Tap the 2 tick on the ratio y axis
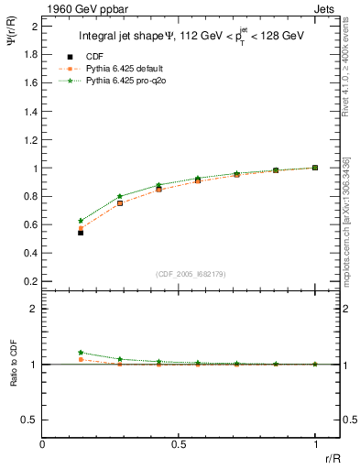pos(36,309)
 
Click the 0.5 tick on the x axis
pos(180,446)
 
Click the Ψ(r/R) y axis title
pos(12,37)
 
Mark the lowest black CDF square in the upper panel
pos(81,233)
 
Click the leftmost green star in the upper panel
pos(81,221)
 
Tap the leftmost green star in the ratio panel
pos(81,353)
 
